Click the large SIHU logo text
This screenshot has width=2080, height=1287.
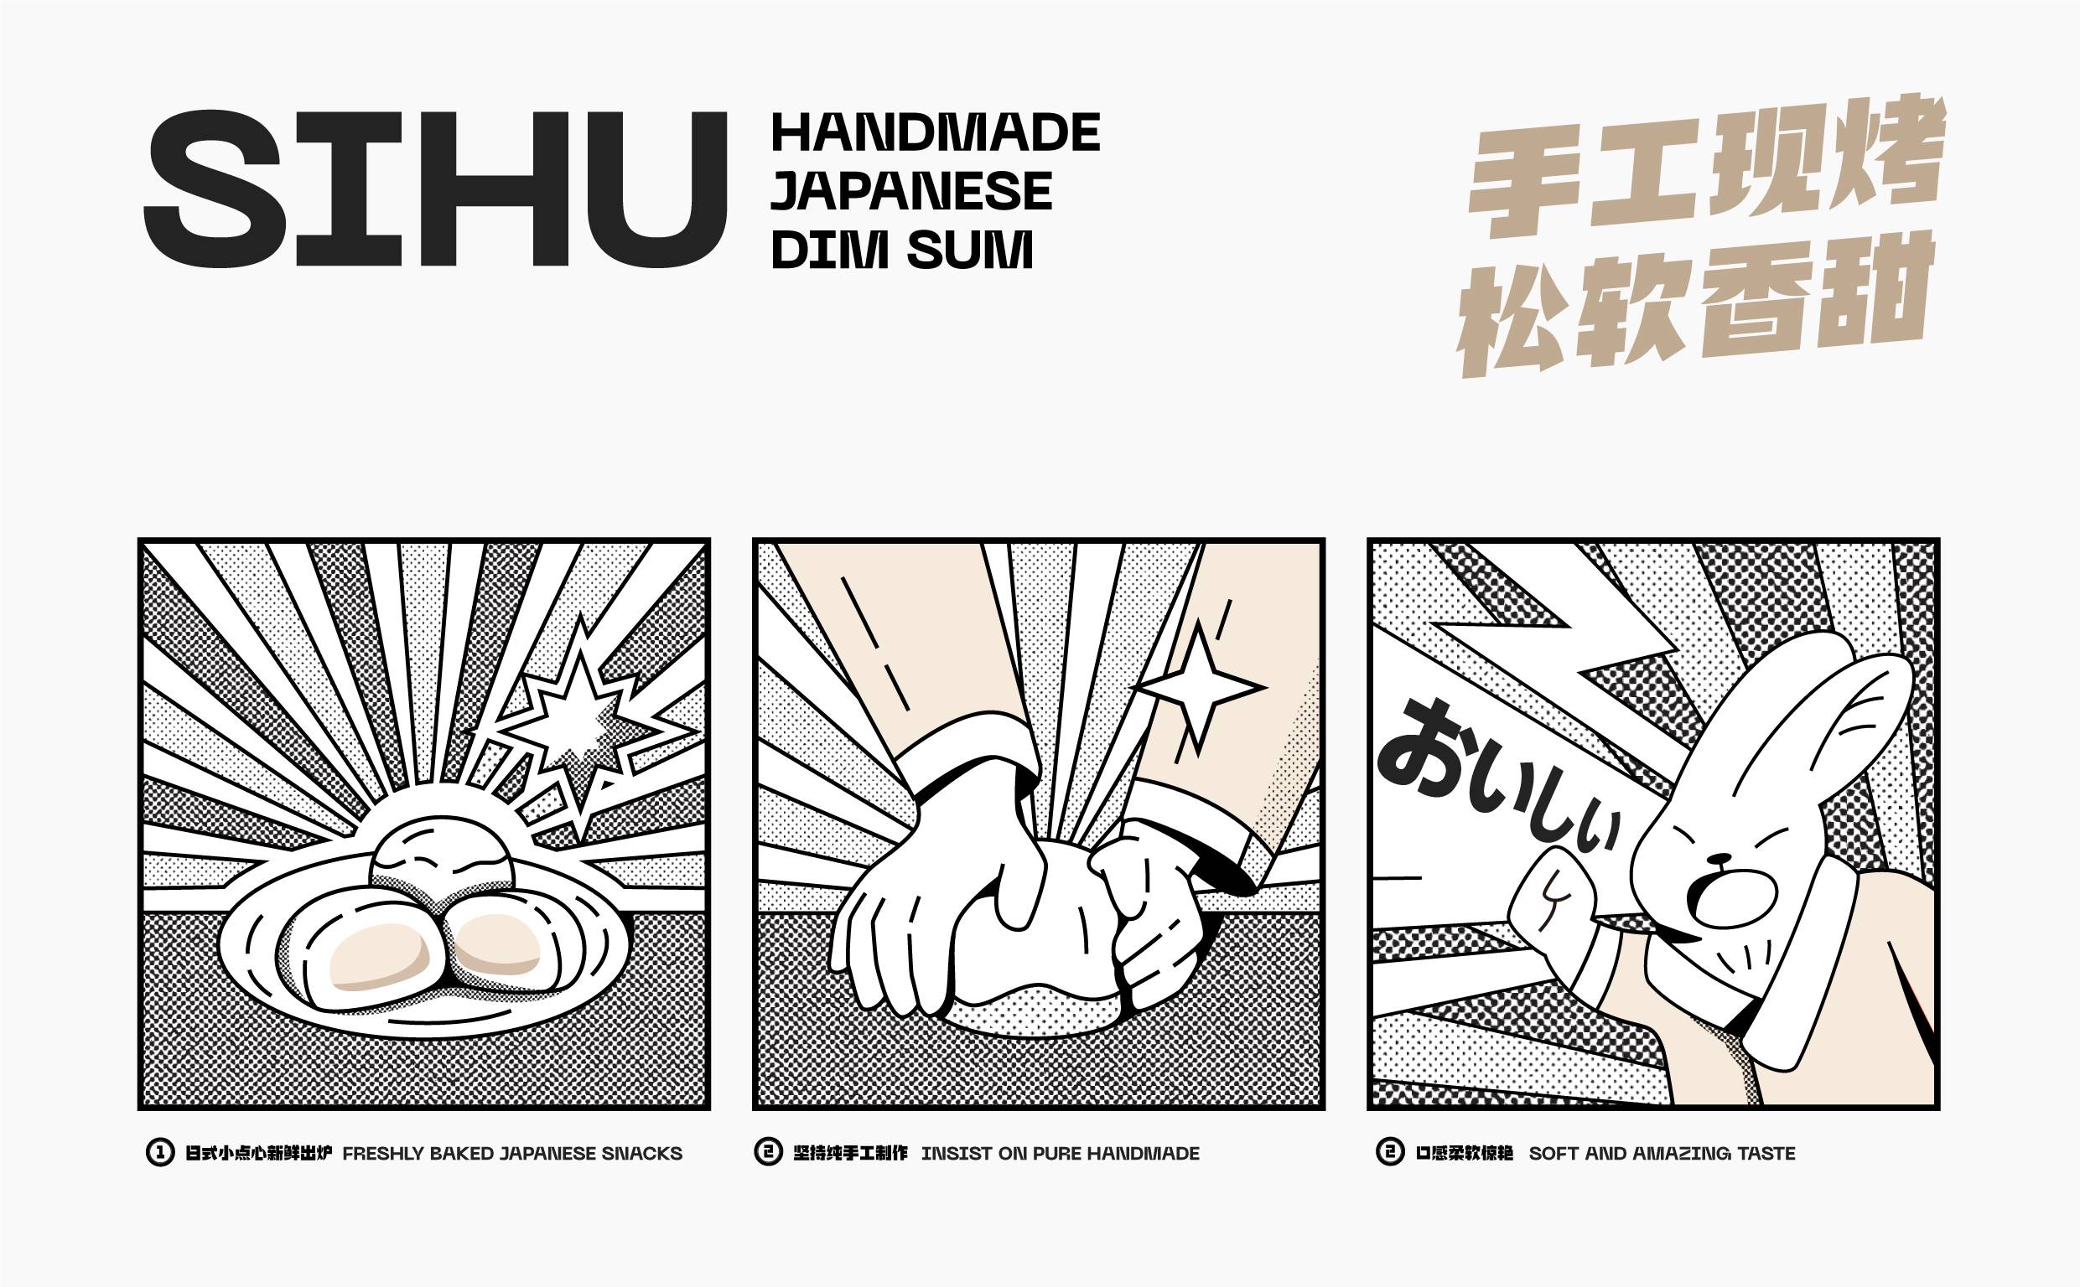click(x=435, y=189)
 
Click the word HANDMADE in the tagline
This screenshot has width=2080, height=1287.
click(x=935, y=132)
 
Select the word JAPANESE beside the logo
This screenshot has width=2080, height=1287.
click(x=911, y=191)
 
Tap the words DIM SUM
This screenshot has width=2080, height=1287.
click(x=901, y=250)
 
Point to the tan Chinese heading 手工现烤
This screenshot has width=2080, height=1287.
click(x=1707, y=166)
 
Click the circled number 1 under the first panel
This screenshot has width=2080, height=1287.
click(x=160, y=1152)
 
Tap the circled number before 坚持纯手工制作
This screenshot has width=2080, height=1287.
click(x=768, y=1152)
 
